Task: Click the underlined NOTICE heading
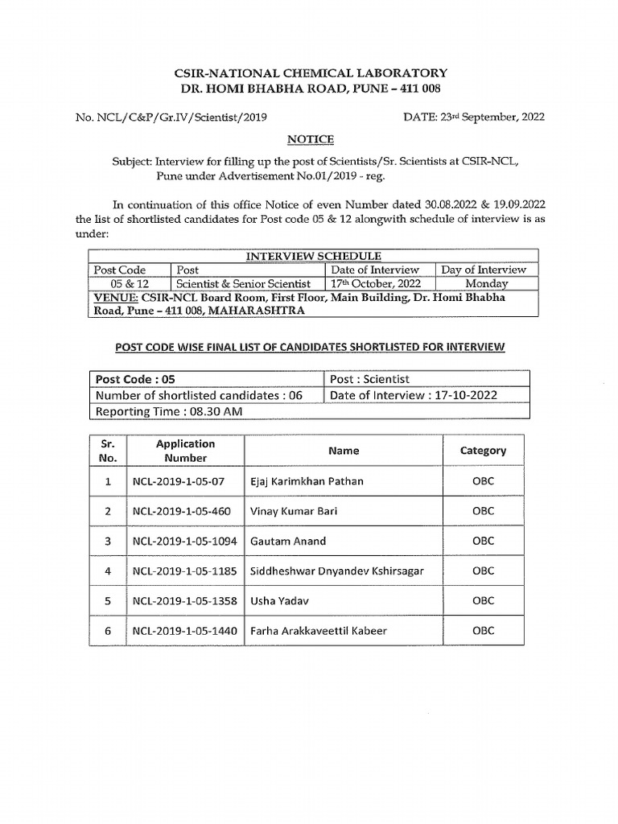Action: click(x=310, y=139)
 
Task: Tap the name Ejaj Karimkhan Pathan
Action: click(x=307, y=481)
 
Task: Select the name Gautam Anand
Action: click(x=288, y=542)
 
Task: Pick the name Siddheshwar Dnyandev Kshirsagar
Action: click(x=337, y=571)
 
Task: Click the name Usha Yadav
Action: click(x=279, y=601)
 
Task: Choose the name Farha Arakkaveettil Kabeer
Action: click(x=319, y=631)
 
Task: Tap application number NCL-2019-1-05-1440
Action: click(x=184, y=631)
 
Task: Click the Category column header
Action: click(x=483, y=451)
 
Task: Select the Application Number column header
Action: click(x=185, y=451)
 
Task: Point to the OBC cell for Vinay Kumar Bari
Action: click(x=483, y=511)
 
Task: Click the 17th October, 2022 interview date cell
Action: click(x=375, y=283)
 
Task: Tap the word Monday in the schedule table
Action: click(x=486, y=283)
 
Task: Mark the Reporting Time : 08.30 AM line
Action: click(x=169, y=411)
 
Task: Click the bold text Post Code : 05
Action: click(x=134, y=379)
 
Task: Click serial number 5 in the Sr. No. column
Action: click(x=108, y=601)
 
